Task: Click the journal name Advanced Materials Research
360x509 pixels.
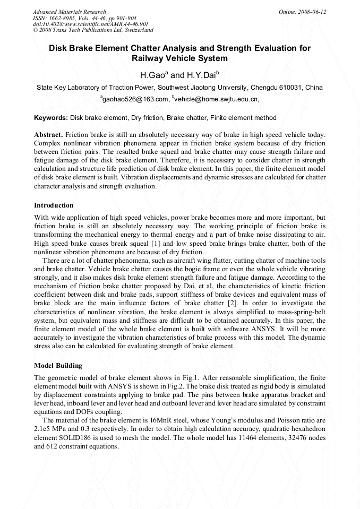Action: click(69, 12)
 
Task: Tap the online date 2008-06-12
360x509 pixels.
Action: click(312, 12)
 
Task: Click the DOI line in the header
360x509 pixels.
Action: click(90, 24)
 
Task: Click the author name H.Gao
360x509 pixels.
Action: click(152, 75)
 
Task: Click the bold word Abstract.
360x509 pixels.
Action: click(49, 135)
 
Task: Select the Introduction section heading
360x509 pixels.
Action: click(54, 205)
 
